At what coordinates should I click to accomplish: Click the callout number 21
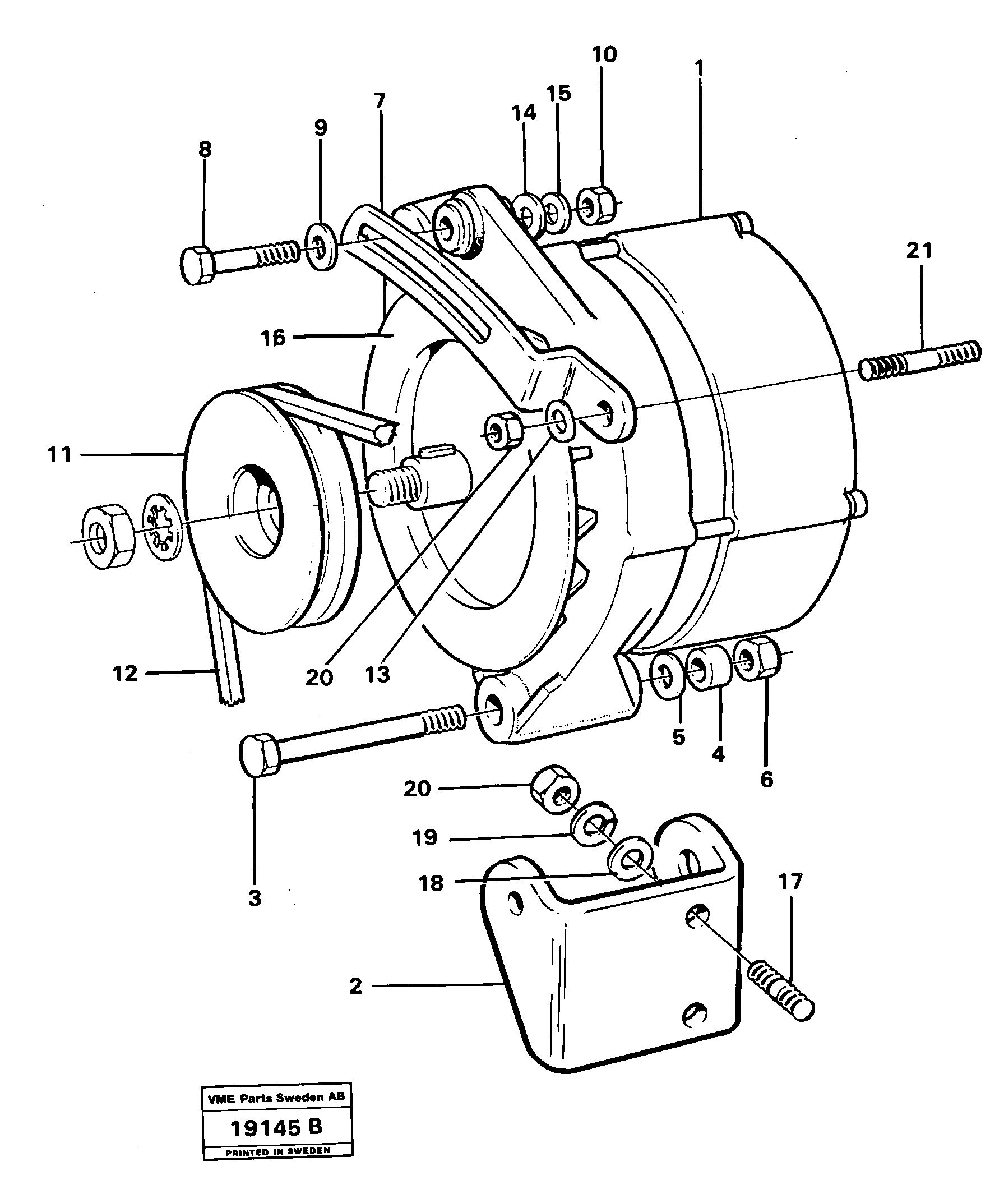tap(919, 251)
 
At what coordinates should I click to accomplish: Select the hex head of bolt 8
tap(197, 265)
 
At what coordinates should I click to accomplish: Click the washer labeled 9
tap(322, 247)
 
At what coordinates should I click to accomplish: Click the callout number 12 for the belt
tap(124, 674)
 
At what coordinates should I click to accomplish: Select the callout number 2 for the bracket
tap(355, 986)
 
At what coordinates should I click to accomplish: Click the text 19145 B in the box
tap(276, 1127)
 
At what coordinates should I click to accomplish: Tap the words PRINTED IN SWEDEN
tap(277, 1151)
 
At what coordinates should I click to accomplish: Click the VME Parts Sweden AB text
tap(276, 1098)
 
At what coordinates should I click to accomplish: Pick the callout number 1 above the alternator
tap(700, 69)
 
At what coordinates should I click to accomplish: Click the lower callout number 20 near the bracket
tap(417, 789)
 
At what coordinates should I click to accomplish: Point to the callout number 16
tap(273, 338)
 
